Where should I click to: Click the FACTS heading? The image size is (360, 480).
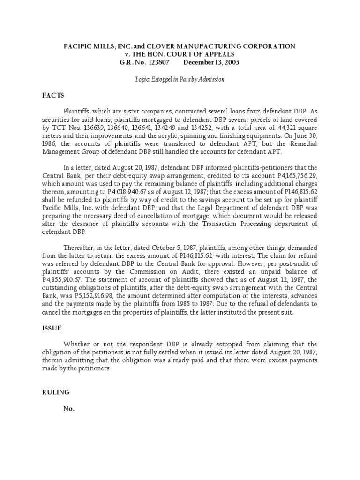(x=52, y=94)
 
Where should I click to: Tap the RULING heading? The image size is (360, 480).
(x=54, y=392)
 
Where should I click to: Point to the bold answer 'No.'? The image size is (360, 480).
(x=69, y=408)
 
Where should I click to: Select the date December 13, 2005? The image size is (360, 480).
(x=211, y=62)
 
